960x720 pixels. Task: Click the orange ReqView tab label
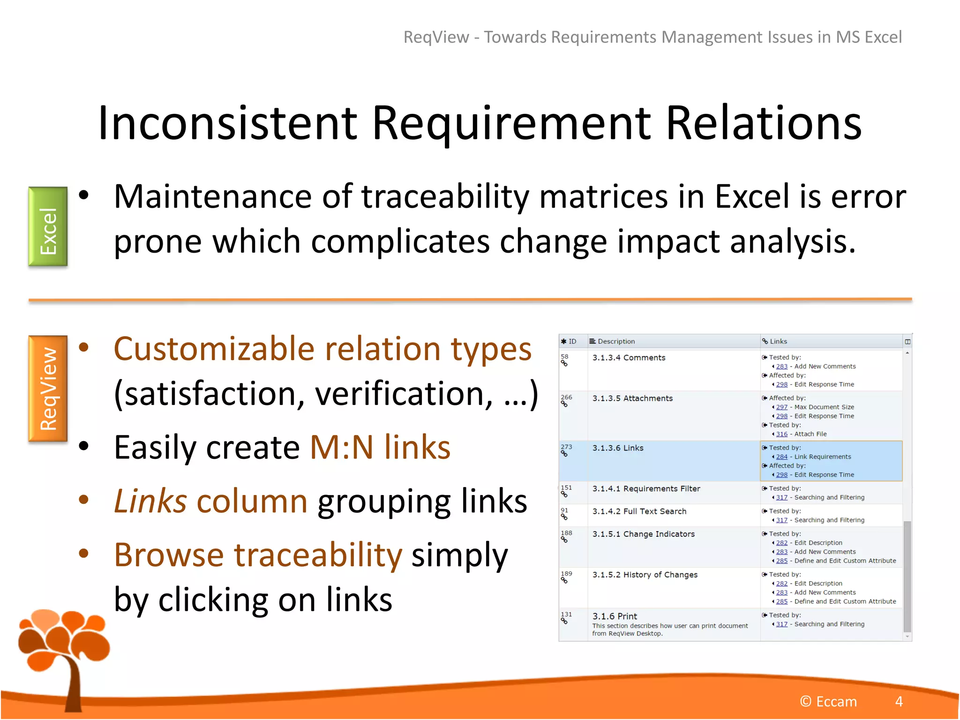click(48, 389)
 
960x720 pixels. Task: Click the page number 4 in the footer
click(899, 702)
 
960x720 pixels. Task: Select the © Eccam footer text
click(828, 702)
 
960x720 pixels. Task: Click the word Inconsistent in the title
click(228, 123)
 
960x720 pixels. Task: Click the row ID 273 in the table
click(566, 447)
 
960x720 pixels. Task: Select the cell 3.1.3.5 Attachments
click(632, 398)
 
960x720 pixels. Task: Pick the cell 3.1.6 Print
click(615, 616)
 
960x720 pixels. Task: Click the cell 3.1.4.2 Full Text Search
click(639, 511)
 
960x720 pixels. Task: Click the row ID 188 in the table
click(566, 533)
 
